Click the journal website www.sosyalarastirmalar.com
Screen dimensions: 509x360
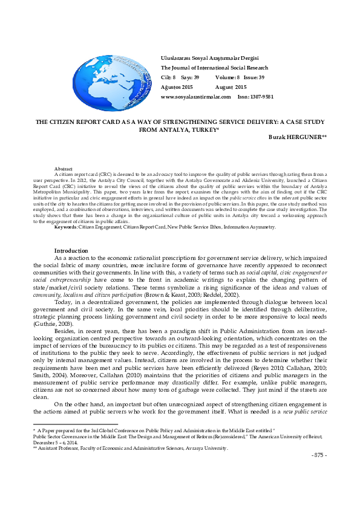pos(192,97)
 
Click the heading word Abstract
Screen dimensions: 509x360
pos(63,167)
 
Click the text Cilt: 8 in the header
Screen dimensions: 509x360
pos(168,77)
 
